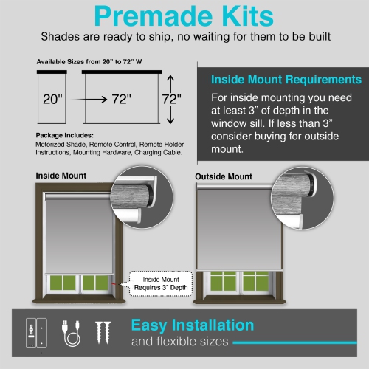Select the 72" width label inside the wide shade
[121, 97]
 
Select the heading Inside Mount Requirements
[286, 80]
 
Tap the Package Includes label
[65, 136]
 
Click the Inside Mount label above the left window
[61, 176]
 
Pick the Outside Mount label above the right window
[224, 177]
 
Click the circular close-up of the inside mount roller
[141, 193]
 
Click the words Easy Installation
[193, 325]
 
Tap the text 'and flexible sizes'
[179, 342]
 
